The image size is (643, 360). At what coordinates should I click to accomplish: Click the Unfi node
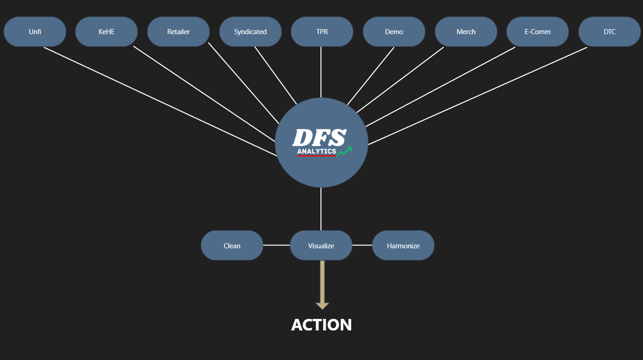[35, 32]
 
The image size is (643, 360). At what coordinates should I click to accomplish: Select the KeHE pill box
[107, 32]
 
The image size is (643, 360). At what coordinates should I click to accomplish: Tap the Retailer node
[178, 32]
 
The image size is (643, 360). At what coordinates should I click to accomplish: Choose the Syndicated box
[250, 32]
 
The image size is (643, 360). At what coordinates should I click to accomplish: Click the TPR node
[322, 32]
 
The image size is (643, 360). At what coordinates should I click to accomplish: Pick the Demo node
[394, 32]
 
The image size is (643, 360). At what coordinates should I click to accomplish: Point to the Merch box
[466, 32]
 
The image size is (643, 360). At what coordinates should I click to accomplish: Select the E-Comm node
[537, 32]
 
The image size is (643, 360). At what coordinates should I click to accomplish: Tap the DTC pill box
[609, 32]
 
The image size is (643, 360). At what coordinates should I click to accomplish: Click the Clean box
[232, 246]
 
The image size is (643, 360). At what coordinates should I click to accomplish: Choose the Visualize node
[321, 246]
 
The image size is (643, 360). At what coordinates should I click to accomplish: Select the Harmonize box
[403, 246]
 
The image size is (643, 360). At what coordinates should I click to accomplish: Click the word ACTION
[321, 325]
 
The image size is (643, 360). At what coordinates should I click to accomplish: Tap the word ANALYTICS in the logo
[317, 151]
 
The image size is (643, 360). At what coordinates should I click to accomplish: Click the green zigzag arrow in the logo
[344, 151]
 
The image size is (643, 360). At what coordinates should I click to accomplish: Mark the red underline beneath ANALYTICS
[317, 156]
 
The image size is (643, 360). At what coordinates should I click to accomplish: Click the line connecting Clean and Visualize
[276, 245]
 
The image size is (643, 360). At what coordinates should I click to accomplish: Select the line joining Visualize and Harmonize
[362, 245]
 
